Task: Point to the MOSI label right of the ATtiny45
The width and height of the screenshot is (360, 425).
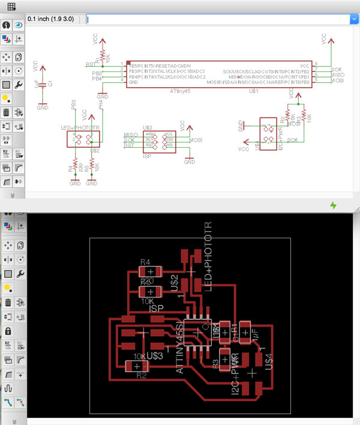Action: tap(337, 80)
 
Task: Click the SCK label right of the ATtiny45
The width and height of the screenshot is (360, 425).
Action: tap(336, 69)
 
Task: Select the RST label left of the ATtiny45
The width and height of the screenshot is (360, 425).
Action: tap(90, 64)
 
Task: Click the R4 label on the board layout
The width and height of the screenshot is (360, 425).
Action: tap(145, 262)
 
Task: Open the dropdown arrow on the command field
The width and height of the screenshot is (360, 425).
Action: tap(353, 19)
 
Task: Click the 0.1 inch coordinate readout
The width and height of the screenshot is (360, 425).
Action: tap(56, 19)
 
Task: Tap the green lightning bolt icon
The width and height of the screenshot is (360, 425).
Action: tap(334, 205)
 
